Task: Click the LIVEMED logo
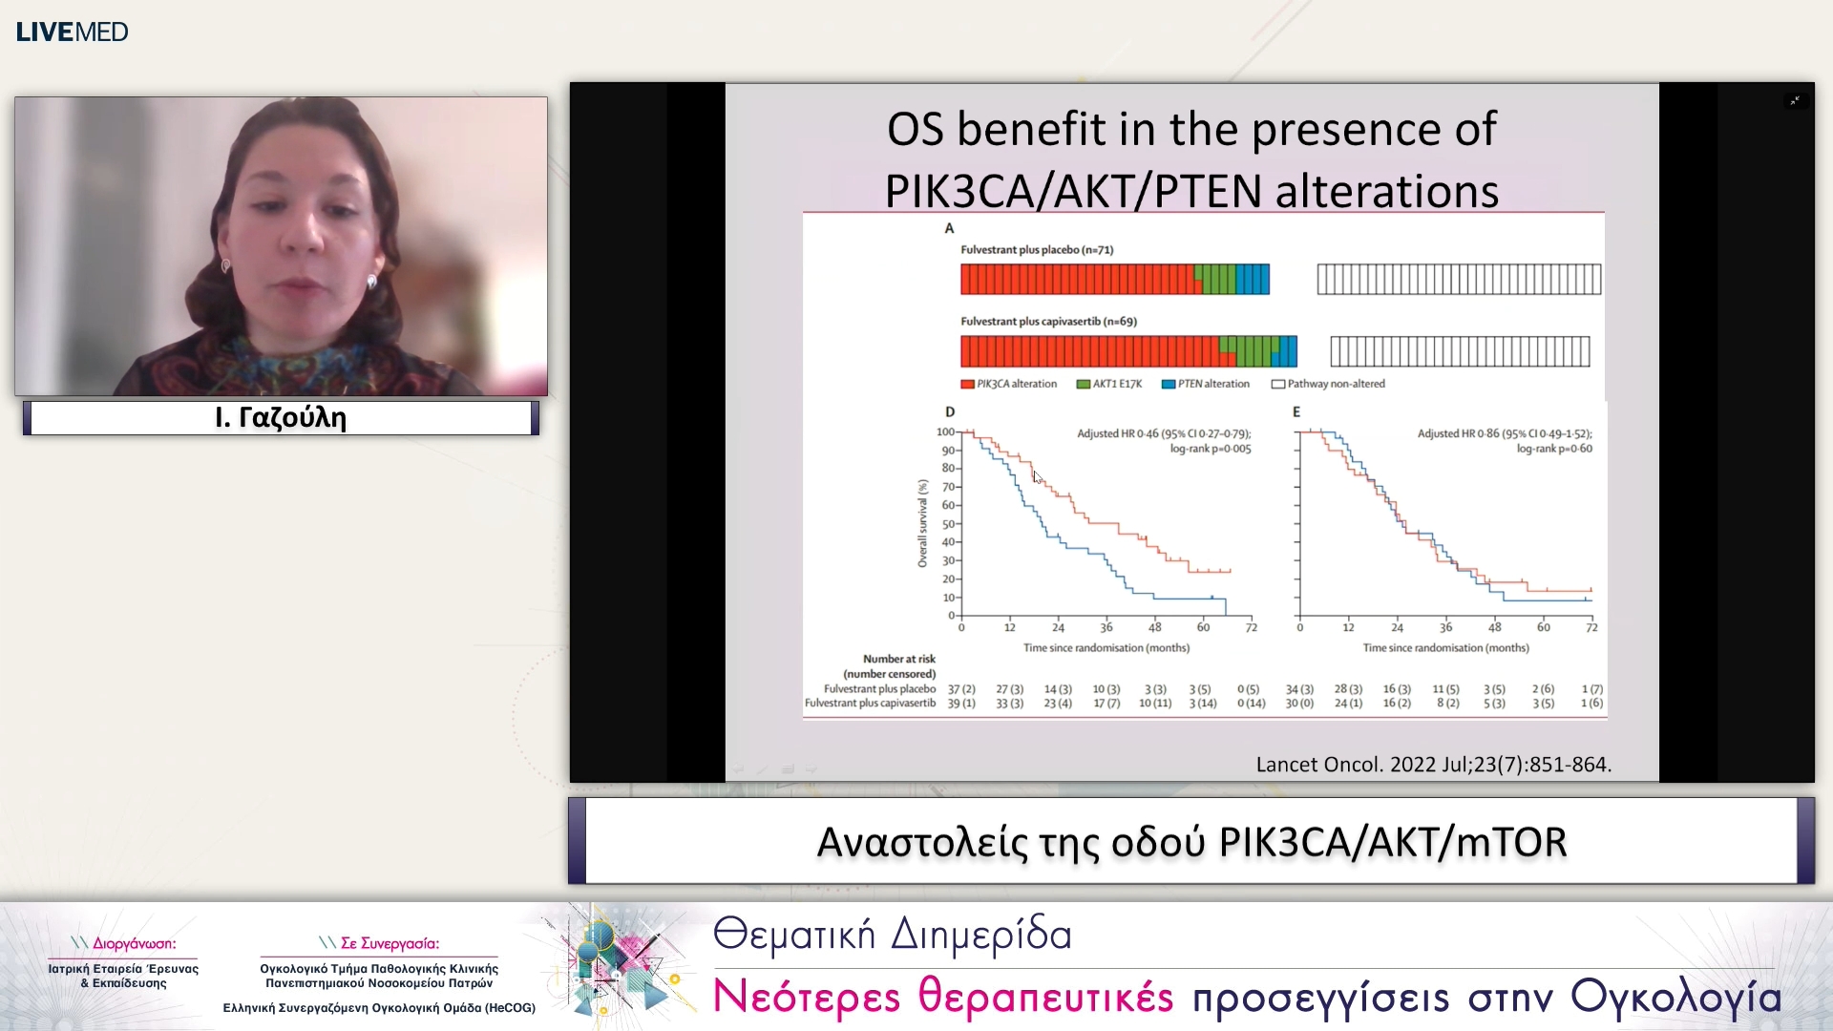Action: coord(72,32)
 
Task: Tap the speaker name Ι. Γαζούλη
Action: coord(281,417)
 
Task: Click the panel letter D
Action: coord(949,411)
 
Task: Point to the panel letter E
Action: coord(1296,411)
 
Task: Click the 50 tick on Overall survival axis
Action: coord(948,524)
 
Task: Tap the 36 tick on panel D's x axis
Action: coord(1106,627)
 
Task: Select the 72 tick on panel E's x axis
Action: coord(1591,627)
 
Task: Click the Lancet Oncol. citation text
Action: coord(1432,765)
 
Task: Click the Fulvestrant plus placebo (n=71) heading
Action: coord(1036,250)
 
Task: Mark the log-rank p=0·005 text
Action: coord(1210,449)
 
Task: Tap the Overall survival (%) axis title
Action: coord(922,524)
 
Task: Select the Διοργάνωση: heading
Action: coord(134,943)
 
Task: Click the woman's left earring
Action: coord(372,281)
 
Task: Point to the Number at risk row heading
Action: coord(898,659)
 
